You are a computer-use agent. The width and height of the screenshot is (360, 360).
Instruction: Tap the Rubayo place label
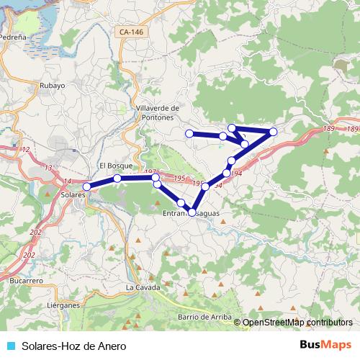(53, 85)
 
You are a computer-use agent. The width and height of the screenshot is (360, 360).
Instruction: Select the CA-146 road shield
(131, 32)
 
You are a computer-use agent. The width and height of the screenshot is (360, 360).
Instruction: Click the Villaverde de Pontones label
(157, 112)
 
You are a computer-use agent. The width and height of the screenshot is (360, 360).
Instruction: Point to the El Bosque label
(113, 165)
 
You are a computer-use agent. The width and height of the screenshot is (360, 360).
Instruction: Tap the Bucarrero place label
(27, 279)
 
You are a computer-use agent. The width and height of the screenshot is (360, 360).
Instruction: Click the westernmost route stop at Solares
(87, 186)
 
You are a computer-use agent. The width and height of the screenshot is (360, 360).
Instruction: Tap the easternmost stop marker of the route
(274, 131)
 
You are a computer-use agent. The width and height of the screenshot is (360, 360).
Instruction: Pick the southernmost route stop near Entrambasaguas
(192, 212)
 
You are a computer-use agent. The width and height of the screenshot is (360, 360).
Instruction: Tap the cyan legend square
(10, 346)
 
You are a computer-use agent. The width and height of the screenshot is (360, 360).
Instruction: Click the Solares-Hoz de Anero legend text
(69, 346)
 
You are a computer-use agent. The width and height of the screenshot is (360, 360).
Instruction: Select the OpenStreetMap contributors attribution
(297, 323)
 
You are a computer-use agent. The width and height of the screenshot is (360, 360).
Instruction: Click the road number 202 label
(29, 255)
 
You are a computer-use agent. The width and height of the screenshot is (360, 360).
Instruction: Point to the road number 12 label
(26, 149)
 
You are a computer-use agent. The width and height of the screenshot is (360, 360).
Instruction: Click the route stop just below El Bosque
(117, 178)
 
